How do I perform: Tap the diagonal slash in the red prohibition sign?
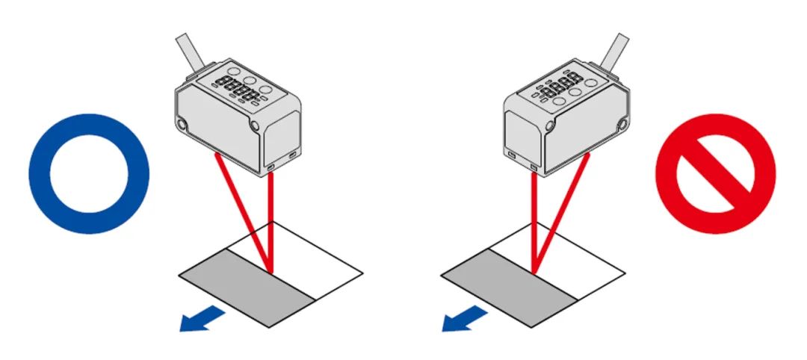click(x=715, y=174)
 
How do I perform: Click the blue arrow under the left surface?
click(x=202, y=317)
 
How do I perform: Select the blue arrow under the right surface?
click(x=463, y=318)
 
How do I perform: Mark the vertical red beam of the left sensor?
click(x=270, y=224)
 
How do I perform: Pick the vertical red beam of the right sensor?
click(x=533, y=224)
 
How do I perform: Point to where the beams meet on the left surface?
click(x=270, y=270)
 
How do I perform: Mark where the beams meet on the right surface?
click(x=534, y=271)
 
